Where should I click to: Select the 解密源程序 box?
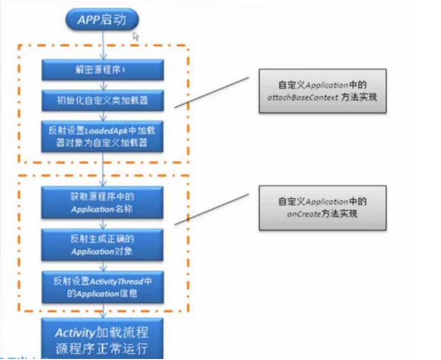coord(102,70)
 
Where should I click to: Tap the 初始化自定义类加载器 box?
coord(102,101)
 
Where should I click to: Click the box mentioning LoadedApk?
coord(102,137)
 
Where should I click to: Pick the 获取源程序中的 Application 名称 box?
coord(102,203)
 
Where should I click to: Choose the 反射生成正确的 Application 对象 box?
coord(102,245)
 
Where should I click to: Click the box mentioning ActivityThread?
coord(102,287)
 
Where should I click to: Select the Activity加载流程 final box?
coord(102,340)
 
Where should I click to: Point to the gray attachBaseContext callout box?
coord(322,91)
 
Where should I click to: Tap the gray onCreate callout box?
coord(322,207)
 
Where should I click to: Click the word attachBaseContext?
coord(303,97)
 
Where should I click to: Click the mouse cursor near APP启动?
coord(135,36)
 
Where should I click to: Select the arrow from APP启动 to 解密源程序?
coord(102,46)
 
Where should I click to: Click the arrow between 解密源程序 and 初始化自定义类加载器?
coord(102,85)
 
